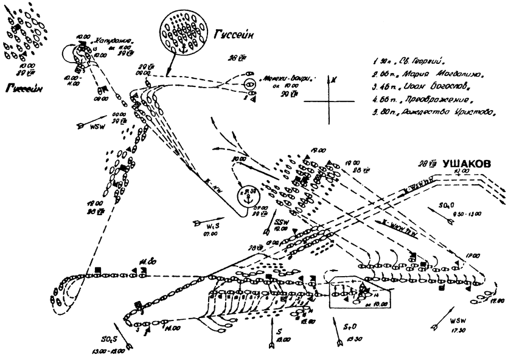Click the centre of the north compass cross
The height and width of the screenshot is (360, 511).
[x=328, y=99]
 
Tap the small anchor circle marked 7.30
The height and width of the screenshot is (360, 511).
[x=246, y=196]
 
